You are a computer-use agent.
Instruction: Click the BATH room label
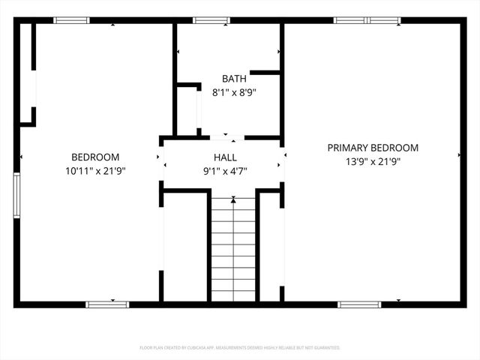[233, 79]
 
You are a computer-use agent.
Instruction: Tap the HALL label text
[225, 157]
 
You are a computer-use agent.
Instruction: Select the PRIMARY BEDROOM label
[373, 148]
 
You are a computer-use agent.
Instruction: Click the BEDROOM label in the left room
[95, 157]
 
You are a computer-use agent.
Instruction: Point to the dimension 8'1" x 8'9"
[233, 93]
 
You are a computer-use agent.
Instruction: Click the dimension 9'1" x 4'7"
[225, 171]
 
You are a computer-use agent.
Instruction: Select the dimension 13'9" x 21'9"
[373, 162]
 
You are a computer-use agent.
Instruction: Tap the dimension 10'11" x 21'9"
[95, 170]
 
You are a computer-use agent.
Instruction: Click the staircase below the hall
[233, 247]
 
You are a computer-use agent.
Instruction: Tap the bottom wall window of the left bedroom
[107, 304]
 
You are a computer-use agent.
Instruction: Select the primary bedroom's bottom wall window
[359, 304]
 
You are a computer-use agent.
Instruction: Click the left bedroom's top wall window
[67, 20]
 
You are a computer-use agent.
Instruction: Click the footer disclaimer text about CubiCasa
[240, 348]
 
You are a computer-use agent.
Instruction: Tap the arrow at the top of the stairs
[233, 199]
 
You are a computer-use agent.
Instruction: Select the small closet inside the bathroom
[187, 109]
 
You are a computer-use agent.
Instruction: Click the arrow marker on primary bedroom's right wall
[459, 155]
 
